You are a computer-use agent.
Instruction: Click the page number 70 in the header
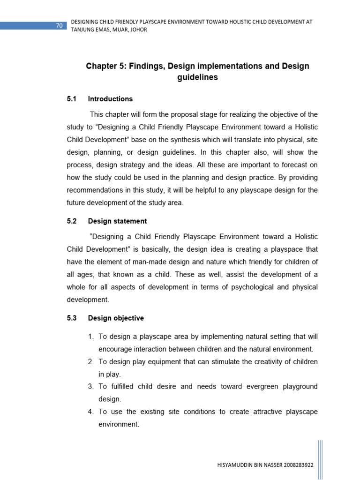pos(59,26)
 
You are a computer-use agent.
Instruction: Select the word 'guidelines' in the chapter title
pos(197,78)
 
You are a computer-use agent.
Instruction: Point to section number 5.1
pos(71,99)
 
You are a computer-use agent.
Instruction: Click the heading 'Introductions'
pos(110,99)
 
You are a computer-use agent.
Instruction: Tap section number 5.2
pos(71,221)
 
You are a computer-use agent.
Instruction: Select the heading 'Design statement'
pos(117,221)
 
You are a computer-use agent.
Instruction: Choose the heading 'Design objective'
pos(116,318)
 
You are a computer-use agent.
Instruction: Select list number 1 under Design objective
pos(90,337)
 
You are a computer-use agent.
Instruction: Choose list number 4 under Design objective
pos(91,412)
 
